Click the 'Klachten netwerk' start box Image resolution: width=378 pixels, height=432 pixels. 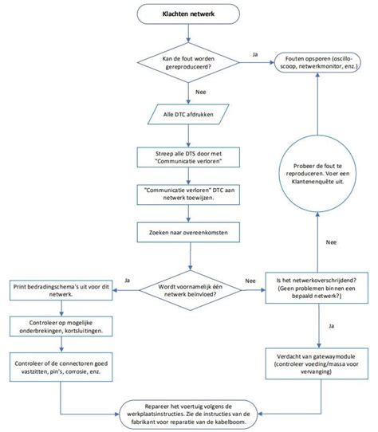click(188, 14)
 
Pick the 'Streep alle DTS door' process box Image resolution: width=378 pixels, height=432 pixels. click(188, 157)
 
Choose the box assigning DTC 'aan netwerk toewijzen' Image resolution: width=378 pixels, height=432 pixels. click(188, 196)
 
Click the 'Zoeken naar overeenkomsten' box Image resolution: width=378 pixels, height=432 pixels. click(188, 234)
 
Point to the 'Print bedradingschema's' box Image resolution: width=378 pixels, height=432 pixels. click(54, 289)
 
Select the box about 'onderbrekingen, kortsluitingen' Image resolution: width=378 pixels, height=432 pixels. click(54, 328)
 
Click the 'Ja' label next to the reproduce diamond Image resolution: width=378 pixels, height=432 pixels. click(254, 54)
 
